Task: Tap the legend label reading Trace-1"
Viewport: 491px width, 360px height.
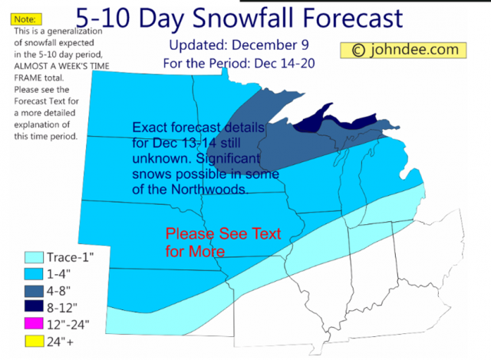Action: [74, 257]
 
